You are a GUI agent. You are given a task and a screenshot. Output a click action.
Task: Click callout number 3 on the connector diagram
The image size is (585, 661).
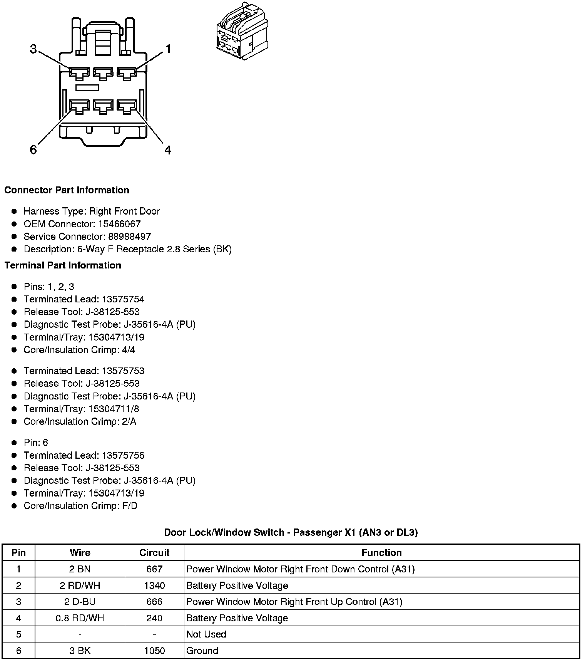(33, 49)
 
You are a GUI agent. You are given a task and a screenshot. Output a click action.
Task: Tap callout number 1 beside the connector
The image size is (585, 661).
(168, 49)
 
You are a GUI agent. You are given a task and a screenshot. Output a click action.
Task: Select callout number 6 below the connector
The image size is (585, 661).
(33, 149)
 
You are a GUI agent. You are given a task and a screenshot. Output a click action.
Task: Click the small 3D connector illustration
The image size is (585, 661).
(242, 31)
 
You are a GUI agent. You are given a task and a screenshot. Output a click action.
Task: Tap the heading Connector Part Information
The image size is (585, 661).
(67, 190)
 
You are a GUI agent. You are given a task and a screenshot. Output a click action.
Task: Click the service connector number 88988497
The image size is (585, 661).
(129, 237)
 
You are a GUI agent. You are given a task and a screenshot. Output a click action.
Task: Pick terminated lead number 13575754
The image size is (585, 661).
(123, 299)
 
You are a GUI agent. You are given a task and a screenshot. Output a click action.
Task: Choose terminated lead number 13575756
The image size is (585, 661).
(123, 456)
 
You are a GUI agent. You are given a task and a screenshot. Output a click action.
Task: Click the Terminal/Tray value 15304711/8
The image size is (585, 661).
(114, 409)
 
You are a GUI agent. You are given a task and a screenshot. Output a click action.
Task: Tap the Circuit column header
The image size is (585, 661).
(154, 553)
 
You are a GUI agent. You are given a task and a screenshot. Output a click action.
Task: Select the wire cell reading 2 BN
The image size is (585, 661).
(80, 569)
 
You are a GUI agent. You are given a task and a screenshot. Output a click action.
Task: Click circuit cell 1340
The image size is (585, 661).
(154, 586)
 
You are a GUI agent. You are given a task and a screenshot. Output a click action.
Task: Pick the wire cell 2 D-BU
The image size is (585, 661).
(80, 602)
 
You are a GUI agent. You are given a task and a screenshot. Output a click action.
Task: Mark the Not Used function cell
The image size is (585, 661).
(206, 634)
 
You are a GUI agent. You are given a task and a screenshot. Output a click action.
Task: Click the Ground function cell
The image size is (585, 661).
(202, 651)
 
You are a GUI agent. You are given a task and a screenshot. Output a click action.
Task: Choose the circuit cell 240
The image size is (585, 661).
(154, 618)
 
